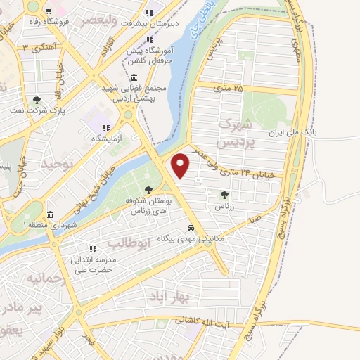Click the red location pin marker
pos(181,165)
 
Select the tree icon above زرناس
pos(224,195)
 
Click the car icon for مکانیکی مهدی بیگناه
pos(191,229)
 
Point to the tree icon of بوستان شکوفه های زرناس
pos(148,189)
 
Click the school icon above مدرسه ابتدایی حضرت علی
pos(92,249)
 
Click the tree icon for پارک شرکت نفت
pos(37,100)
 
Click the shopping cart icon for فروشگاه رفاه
pos(48,11)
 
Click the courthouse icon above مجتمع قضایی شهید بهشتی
pos(134,77)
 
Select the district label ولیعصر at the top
pos(99,20)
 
